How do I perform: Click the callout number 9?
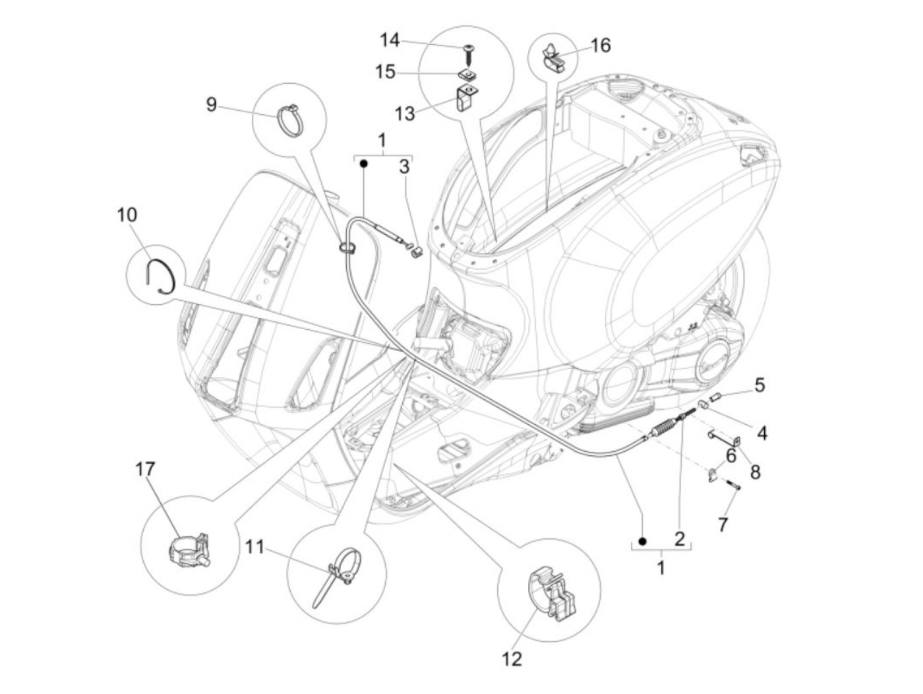(x=211, y=104)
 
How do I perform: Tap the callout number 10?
(x=127, y=214)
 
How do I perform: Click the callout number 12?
(x=512, y=658)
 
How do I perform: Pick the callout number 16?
(x=600, y=46)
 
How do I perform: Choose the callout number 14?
(x=390, y=41)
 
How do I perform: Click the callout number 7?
(x=723, y=524)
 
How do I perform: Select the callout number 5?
(x=759, y=385)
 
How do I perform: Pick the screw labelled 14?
(x=469, y=49)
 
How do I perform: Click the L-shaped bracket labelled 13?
(x=465, y=98)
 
